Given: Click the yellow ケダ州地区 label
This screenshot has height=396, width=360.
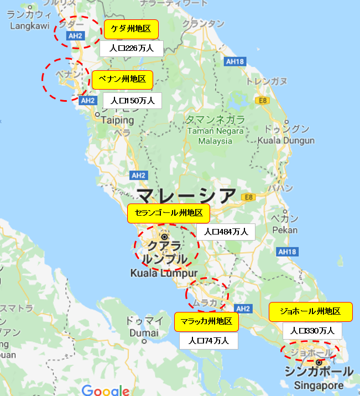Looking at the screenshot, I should [131, 29].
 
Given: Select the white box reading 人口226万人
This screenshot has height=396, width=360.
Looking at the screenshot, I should [132, 48].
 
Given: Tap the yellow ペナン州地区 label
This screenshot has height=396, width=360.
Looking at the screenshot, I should [122, 80].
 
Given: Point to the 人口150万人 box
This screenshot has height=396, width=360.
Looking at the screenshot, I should [132, 101].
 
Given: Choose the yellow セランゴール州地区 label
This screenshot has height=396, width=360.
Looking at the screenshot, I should [169, 213].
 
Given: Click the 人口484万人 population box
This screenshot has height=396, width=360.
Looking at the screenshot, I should [226, 232].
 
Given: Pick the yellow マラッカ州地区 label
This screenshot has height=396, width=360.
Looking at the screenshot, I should [207, 321].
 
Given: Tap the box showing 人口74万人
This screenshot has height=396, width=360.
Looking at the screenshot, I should [208, 341].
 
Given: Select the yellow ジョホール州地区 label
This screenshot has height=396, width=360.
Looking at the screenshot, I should [310, 311].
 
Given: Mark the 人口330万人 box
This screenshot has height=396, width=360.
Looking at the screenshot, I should [312, 331].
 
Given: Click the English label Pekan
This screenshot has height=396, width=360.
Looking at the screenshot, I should [285, 230].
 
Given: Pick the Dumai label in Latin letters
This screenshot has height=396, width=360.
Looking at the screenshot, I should [144, 333].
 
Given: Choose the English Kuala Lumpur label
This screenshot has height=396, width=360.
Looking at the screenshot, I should [164, 273].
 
